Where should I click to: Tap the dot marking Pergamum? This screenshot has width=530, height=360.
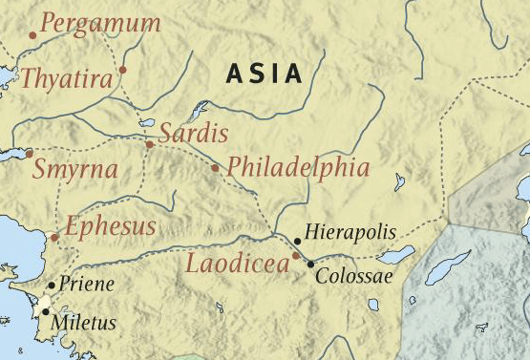[x=32, y=35]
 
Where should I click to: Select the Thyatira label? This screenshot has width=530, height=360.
[x=66, y=78]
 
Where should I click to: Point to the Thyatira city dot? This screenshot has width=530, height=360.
[x=122, y=70]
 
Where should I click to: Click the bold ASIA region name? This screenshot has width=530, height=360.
[x=265, y=74]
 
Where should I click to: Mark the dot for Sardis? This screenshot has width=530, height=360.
[x=149, y=144]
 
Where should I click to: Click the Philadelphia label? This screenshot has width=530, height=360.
[x=298, y=168]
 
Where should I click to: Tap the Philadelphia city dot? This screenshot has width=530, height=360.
[x=215, y=168]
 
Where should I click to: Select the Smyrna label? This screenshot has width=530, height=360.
[x=75, y=171]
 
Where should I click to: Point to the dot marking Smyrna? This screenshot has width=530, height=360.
[x=30, y=153]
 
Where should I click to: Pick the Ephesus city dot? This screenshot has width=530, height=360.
[x=54, y=237]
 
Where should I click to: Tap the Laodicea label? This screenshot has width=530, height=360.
[x=238, y=264]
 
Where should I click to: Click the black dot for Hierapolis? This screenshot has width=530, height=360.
[x=298, y=242]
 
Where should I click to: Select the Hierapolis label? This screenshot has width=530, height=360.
[x=350, y=232]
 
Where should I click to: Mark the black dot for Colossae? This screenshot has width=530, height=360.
[x=310, y=263]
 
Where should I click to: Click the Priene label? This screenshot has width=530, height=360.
[x=86, y=284]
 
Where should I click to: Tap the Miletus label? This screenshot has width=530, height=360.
[x=85, y=323]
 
